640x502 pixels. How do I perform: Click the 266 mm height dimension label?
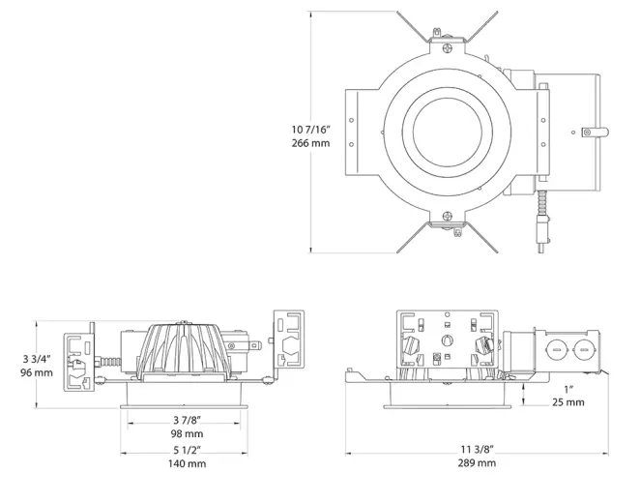[309, 143]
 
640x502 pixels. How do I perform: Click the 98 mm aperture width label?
[188, 433]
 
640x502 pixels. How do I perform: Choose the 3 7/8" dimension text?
[188, 419]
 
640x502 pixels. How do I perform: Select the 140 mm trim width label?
[188, 464]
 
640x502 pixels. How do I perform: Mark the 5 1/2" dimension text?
[188, 450]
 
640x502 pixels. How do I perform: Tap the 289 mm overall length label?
[478, 463]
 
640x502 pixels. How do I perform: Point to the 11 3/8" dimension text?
[478, 449]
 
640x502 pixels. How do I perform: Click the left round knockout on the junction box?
[558, 347]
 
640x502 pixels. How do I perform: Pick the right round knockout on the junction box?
[583, 347]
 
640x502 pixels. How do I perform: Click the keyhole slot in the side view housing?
[447, 340]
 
